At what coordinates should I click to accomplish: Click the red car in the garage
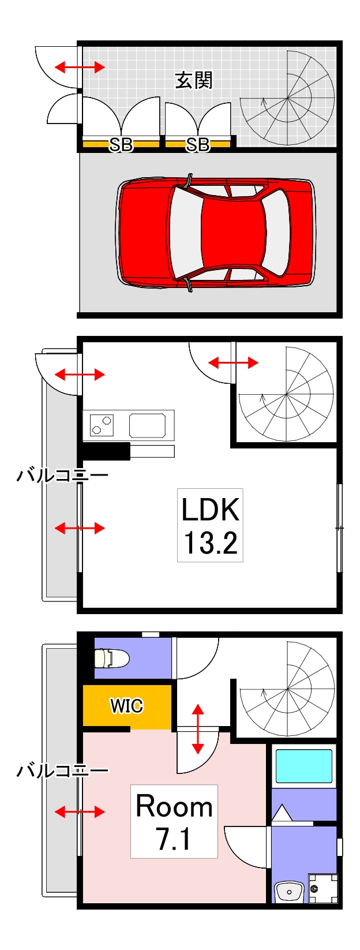click(x=216, y=233)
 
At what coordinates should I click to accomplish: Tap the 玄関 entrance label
click(x=194, y=80)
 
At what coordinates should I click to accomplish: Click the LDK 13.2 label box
click(x=210, y=525)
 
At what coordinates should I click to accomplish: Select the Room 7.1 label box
click(x=174, y=821)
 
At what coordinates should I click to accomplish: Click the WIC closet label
click(x=126, y=705)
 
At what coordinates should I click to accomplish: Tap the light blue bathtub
click(x=303, y=765)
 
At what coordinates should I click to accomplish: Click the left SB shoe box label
click(x=121, y=144)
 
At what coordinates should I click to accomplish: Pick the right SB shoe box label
click(x=198, y=144)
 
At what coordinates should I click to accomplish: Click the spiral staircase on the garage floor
click(x=287, y=98)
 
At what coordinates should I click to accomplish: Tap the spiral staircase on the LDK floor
click(x=286, y=394)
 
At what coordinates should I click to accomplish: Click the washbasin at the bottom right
click(x=288, y=891)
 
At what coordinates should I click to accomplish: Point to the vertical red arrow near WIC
click(x=197, y=728)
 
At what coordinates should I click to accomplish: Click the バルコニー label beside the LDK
click(x=62, y=476)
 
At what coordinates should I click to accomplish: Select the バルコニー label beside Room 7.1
click(x=62, y=771)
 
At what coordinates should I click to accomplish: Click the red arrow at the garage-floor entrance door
click(x=80, y=68)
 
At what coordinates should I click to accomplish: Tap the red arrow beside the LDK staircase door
click(x=233, y=362)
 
